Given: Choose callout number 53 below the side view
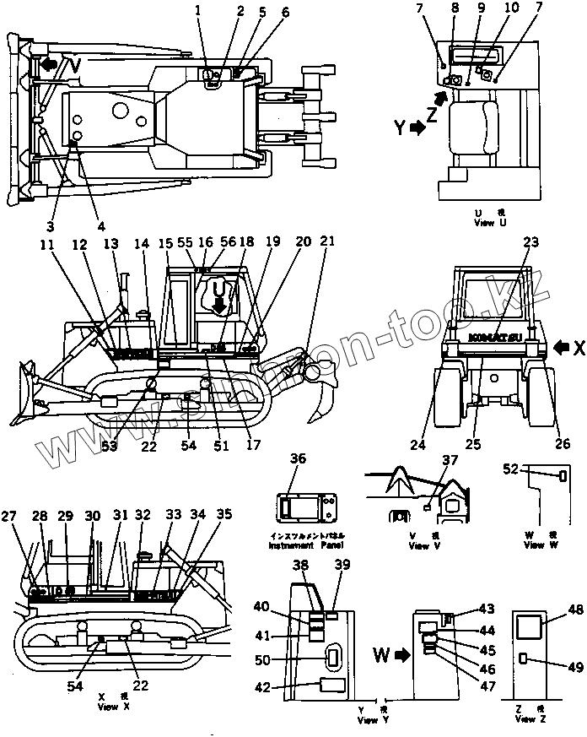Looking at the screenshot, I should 110,447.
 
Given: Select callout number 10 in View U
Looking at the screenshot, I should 510,8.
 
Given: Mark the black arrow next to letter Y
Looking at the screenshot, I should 417,128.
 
